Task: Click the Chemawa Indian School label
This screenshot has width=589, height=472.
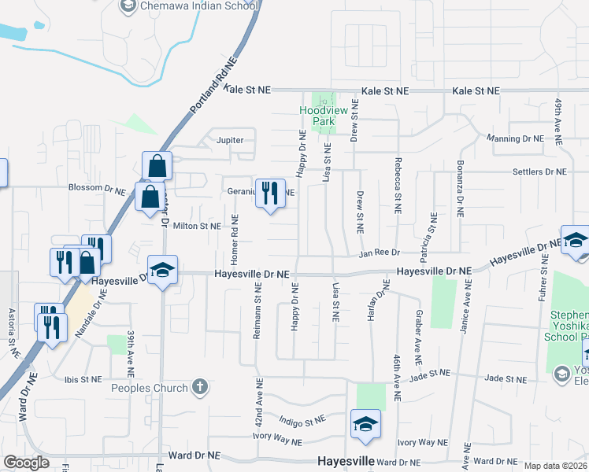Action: [x=198, y=6]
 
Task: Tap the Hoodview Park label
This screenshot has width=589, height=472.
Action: [x=317, y=116]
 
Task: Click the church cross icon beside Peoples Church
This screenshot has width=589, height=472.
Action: [x=201, y=387]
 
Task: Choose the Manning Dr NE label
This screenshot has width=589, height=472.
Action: [x=515, y=138]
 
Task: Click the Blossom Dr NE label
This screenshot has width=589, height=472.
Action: [x=97, y=189]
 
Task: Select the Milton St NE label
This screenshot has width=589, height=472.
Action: [x=197, y=226]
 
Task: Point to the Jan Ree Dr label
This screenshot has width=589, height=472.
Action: [x=380, y=253]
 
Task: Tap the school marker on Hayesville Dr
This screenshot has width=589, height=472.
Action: [x=162, y=271]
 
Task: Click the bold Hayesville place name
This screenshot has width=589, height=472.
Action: [x=343, y=461]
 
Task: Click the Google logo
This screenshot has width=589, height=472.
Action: [x=26, y=463]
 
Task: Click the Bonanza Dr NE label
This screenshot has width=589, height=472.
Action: [x=459, y=189]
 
